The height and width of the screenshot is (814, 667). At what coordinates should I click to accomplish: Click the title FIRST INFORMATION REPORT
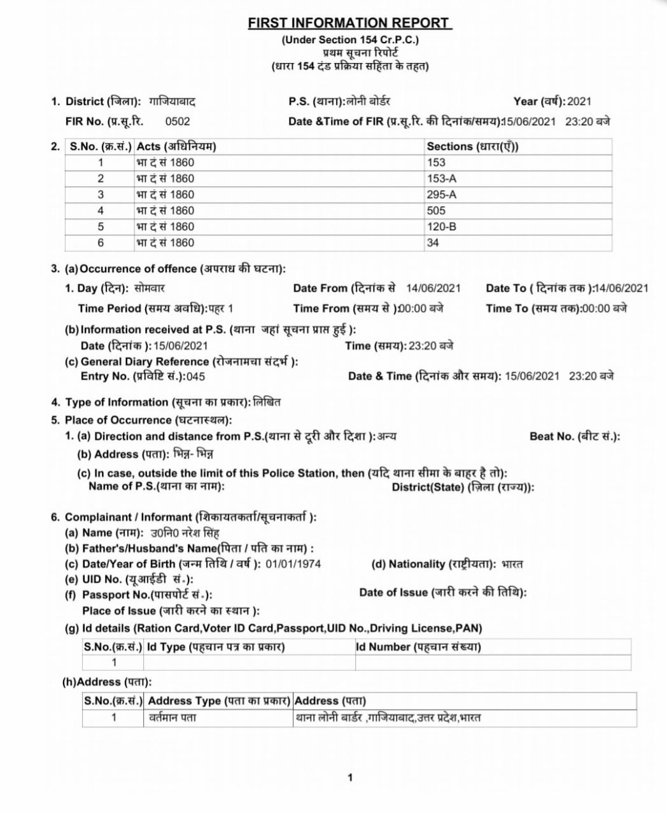(349, 23)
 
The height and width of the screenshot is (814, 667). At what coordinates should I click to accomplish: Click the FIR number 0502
(177, 121)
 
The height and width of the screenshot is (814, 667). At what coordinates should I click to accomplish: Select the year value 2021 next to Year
(579, 101)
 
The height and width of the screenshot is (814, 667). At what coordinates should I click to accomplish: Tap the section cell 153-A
(442, 179)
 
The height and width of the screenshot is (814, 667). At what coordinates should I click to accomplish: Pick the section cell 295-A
(442, 195)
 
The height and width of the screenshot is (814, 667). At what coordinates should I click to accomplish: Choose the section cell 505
(437, 210)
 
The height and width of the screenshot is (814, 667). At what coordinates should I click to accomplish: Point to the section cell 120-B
(442, 226)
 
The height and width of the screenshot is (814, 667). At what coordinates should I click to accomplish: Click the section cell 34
(433, 242)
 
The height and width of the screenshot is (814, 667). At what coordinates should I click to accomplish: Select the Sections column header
(472, 146)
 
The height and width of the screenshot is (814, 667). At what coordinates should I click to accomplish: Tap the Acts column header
(176, 146)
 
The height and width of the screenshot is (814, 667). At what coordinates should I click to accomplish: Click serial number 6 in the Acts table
(101, 242)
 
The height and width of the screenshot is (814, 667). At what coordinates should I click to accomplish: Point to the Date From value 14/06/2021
(433, 288)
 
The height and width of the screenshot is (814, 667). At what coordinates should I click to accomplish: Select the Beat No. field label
(575, 436)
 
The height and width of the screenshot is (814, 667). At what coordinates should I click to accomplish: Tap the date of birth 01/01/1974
(293, 564)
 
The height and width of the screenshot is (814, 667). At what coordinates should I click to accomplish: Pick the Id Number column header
(418, 647)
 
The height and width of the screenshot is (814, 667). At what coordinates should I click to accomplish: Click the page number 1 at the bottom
(349, 777)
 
